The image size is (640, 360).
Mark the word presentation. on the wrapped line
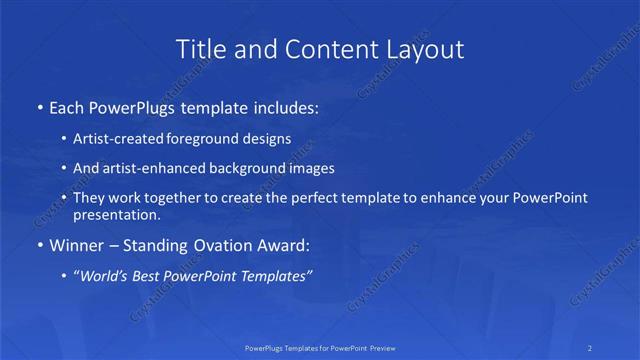click(117, 214)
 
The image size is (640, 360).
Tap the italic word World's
click(105, 275)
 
